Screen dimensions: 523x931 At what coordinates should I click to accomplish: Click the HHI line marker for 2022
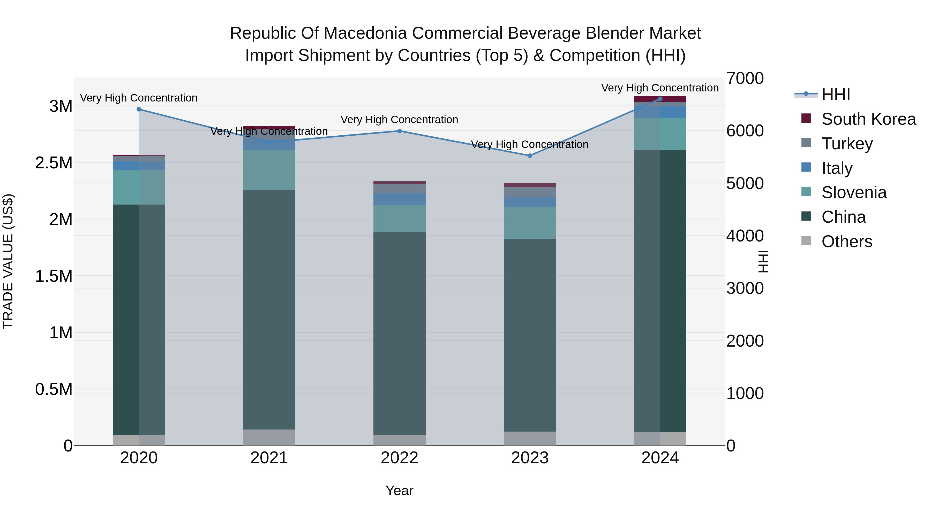pyautogui.click(x=399, y=131)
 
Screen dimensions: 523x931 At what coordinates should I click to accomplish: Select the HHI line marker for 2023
pyautogui.click(x=530, y=155)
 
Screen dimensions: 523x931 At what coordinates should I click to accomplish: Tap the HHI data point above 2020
pyautogui.click(x=139, y=109)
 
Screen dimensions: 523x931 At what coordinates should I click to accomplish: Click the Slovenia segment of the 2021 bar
pyautogui.click(x=269, y=170)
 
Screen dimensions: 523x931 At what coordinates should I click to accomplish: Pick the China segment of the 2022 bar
pyautogui.click(x=399, y=333)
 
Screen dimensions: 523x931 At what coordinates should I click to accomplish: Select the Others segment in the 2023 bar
pyautogui.click(x=530, y=438)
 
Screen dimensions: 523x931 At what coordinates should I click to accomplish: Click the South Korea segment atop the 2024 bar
pyautogui.click(x=660, y=99)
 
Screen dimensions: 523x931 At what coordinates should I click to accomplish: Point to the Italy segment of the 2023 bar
pyautogui.click(x=530, y=202)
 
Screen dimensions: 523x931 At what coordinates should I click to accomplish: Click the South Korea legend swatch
pyautogui.click(x=806, y=118)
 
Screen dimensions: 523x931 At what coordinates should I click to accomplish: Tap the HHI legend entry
pyautogui.click(x=836, y=95)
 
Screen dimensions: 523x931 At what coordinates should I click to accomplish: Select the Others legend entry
pyautogui.click(x=846, y=241)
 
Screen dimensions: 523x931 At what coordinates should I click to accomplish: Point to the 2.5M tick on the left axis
pyautogui.click(x=54, y=163)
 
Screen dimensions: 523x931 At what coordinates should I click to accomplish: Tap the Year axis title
pyautogui.click(x=399, y=490)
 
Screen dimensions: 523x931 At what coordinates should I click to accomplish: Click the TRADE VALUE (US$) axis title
pyautogui.click(x=8, y=261)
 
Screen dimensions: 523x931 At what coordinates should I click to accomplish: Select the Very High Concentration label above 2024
pyautogui.click(x=660, y=88)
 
